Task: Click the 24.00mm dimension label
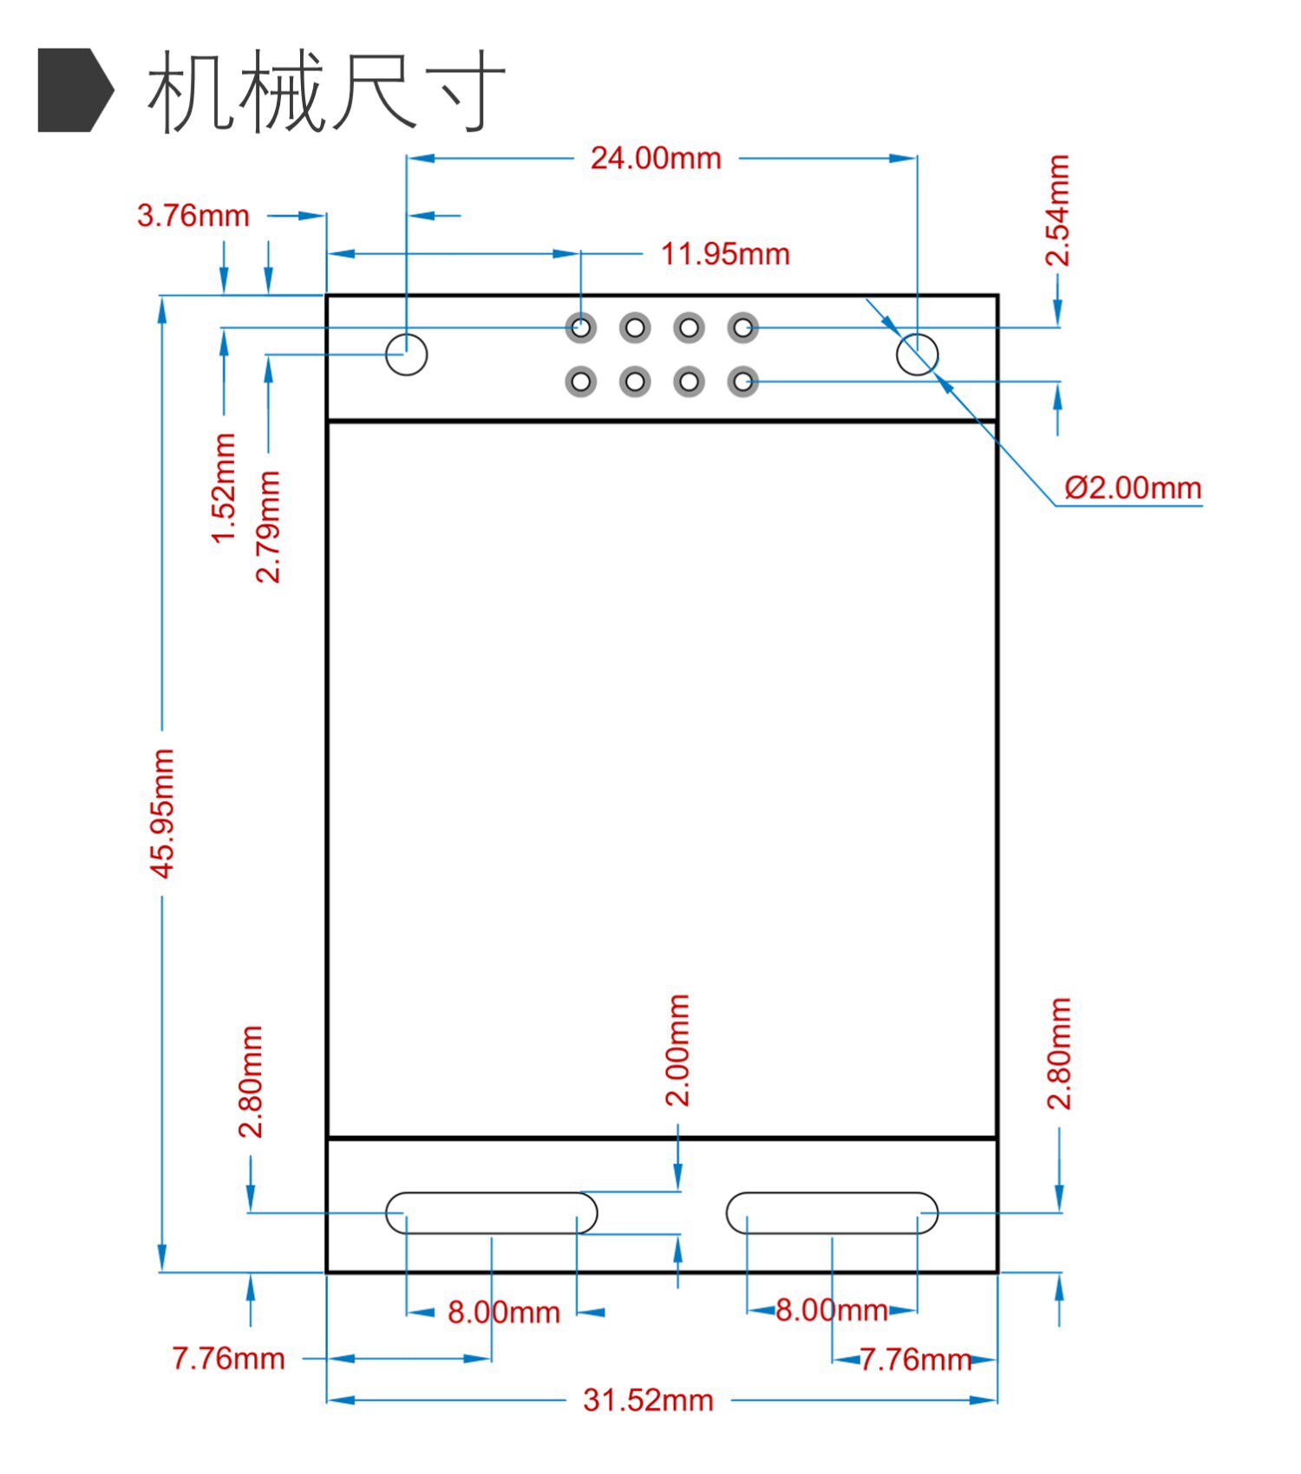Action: coord(656,159)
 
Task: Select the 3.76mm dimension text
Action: coord(193,215)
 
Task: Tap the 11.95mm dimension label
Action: coord(725,254)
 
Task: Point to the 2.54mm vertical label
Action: coord(1057,210)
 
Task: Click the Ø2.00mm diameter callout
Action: coord(1133,488)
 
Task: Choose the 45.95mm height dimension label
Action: coord(162,813)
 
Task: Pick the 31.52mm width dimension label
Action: coord(648,1400)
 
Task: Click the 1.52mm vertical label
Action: coord(224,488)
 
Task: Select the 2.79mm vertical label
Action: coord(268,526)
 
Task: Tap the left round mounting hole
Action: coord(406,354)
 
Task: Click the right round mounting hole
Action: coord(917,354)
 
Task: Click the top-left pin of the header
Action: coord(581,328)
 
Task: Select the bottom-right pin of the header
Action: coord(742,382)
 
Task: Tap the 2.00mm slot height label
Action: coord(677,1050)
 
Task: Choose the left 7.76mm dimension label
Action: coord(228,1359)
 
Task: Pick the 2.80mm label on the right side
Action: coord(1059,1053)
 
